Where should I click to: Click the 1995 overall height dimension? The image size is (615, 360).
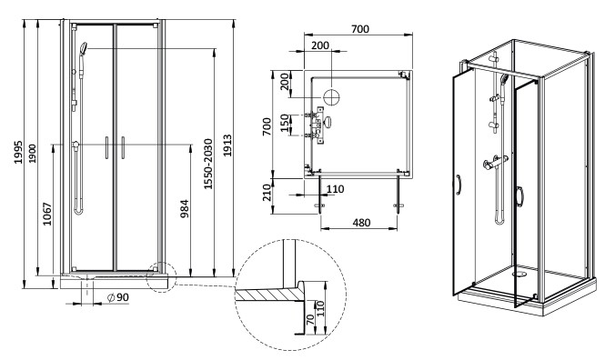[x=18, y=153]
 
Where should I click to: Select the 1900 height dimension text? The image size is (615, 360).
[x=33, y=154]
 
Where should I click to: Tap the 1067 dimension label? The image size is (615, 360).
[x=47, y=214]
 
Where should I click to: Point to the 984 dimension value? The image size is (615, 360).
[x=185, y=209]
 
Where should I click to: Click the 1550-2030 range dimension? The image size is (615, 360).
[x=207, y=165]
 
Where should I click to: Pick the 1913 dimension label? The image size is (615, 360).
[x=227, y=145]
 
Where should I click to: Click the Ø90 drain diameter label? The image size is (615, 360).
[x=118, y=297]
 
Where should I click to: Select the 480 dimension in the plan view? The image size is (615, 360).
[x=361, y=223]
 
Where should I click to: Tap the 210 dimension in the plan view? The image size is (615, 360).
[x=267, y=193]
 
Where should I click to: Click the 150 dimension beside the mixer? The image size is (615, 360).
[x=286, y=123]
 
